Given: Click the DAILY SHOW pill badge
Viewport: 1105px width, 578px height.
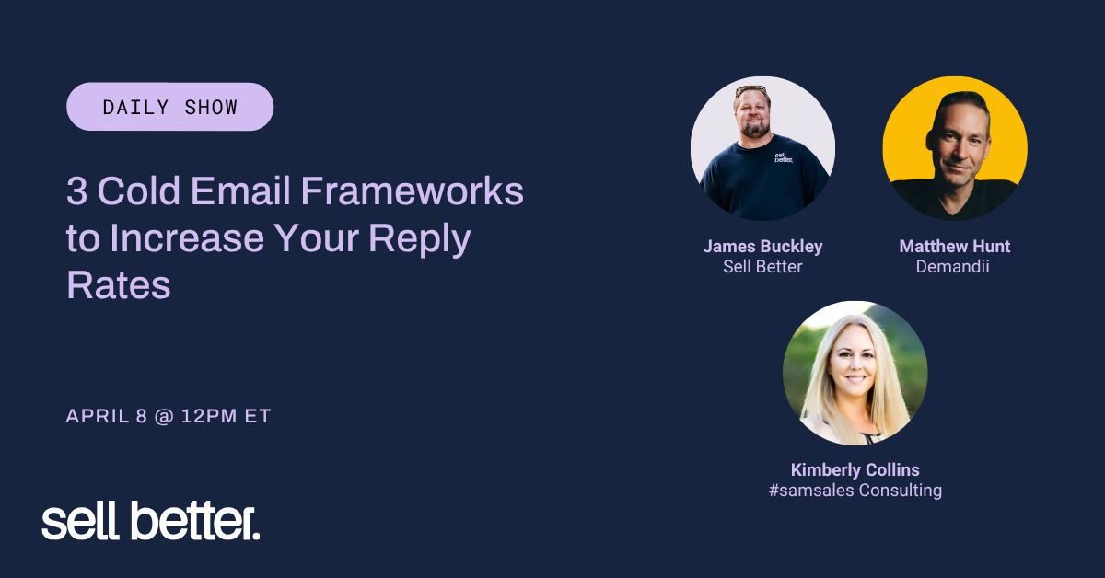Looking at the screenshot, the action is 169,107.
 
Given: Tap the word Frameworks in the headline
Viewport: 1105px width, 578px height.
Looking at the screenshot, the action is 412,191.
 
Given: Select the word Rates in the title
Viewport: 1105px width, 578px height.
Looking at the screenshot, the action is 119,285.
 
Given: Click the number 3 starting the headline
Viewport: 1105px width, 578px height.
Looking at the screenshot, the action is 77,191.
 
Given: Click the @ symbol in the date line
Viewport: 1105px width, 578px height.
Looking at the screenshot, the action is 164,416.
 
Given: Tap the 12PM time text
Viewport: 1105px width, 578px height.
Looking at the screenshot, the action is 209,416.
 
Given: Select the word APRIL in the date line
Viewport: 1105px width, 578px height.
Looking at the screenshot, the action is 98,416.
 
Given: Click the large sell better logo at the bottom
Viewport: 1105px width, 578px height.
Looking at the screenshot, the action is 150,521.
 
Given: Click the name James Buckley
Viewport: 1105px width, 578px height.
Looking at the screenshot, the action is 762,246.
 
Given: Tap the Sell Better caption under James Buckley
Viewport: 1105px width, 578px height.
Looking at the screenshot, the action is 762,267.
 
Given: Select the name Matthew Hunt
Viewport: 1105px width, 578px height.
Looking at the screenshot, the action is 955,246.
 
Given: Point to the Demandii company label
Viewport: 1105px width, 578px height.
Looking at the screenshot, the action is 952,267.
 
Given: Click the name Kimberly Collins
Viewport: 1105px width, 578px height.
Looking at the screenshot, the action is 855,469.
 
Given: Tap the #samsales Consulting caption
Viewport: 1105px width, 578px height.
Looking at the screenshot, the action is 855,491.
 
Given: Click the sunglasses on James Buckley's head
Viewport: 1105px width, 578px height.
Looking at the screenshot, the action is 750,90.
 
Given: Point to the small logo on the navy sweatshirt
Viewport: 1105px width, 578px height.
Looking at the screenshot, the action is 784,157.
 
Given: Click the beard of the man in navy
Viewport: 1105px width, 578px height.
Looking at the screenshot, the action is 754,129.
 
